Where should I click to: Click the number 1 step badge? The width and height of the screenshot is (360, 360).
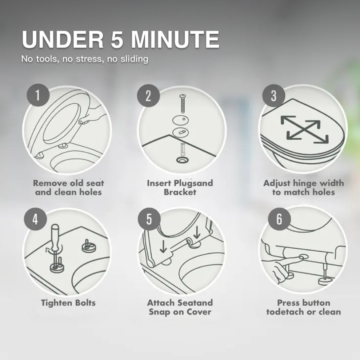coord(38,95)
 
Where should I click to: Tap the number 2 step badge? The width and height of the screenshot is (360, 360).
coord(148,96)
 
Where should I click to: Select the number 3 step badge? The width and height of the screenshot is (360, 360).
coord(274,96)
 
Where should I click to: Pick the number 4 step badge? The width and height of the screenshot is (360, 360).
coord(35,219)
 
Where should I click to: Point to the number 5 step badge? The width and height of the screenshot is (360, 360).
coord(149,219)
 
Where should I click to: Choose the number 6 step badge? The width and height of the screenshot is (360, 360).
coord(279,219)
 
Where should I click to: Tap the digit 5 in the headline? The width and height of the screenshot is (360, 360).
coord(117,39)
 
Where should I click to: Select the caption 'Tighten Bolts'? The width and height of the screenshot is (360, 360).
coord(68,303)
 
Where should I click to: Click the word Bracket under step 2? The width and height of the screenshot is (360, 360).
coord(180,192)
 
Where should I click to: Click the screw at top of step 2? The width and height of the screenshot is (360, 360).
coord(183,104)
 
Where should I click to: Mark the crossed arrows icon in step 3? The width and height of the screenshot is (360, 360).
coord(304,129)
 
